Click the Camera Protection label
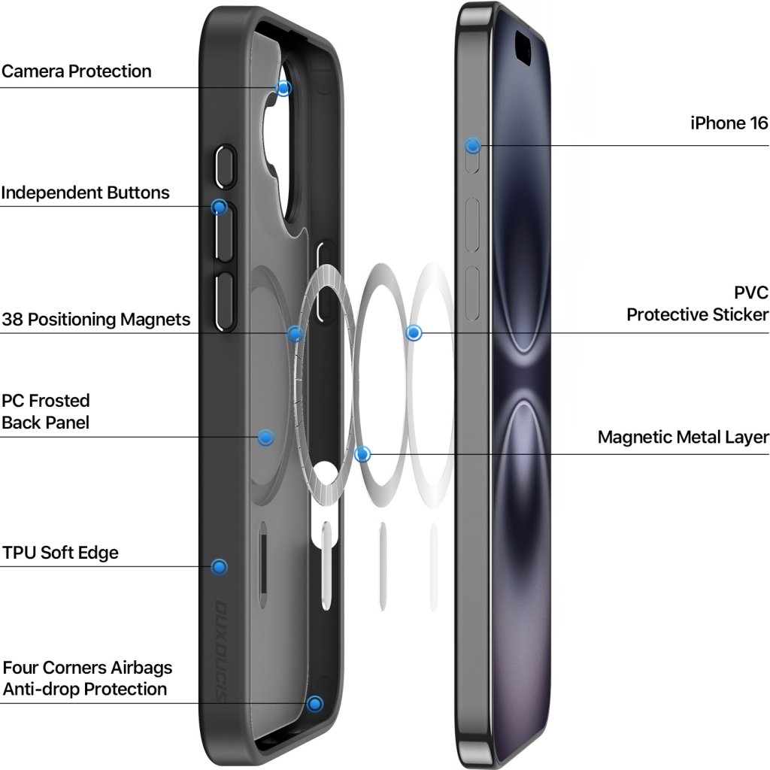pyautogui.click(x=77, y=71)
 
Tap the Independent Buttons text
pyautogui.click(x=85, y=192)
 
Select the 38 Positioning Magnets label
pyautogui.click(x=95, y=320)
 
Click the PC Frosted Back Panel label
pyautogui.click(x=46, y=411)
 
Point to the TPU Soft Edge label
pyautogui.click(x=60, y=553)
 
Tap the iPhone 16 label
pyautogui.click(x=729, y=123)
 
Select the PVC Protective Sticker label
pyautogui.click(x=698, y=303)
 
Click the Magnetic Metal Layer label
pyautogui.click(x=683, y=437)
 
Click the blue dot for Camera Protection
pyautogui.click(x=283, y=88)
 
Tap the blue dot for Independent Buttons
pyautogui.click(x=219, y=207)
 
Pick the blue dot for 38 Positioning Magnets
pyautogui.click(x=296, y=333)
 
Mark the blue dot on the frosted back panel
pyautogui.click(x=265, y=437)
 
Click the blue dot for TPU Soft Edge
pyautogui.click(x=219, y=567)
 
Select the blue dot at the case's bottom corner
pyautogui.click(x=315, y=704)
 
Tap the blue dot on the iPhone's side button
pyautogui.click(x=473, y=146)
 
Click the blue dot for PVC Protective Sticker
pyautogui.click(x=414, y=332)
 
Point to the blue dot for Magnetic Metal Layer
pyautogui.click(x=362, y=454)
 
